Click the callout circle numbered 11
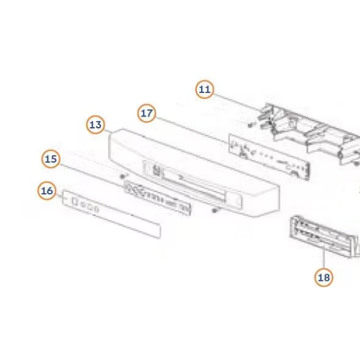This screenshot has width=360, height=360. click(x=205, y=89)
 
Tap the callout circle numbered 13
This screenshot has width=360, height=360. click(x=95, y=125)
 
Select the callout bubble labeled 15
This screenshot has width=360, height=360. click(x=51, y=159)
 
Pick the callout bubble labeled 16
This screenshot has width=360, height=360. click(x=47, y=191)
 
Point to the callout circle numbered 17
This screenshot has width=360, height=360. click(x=147, y=113)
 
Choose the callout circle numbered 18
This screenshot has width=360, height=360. click(x=324, y=277)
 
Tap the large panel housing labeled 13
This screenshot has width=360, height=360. click(x=194, y=173)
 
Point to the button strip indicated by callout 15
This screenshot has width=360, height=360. click(x=157, y=197)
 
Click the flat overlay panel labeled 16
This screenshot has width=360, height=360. click(x=112, y=214)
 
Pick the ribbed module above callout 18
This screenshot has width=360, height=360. click(x=324, y=236)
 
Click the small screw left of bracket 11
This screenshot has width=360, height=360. click(x=250, y=125)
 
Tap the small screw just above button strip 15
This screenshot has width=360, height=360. click(x=123, y=176)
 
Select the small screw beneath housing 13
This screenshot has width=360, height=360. click(x=214, y=211)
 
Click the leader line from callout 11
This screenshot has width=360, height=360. click(x=236, y=102)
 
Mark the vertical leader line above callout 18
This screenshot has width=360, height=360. click(x=324, y=259)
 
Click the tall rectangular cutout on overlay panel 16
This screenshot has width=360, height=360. click(x=74, y=202)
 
